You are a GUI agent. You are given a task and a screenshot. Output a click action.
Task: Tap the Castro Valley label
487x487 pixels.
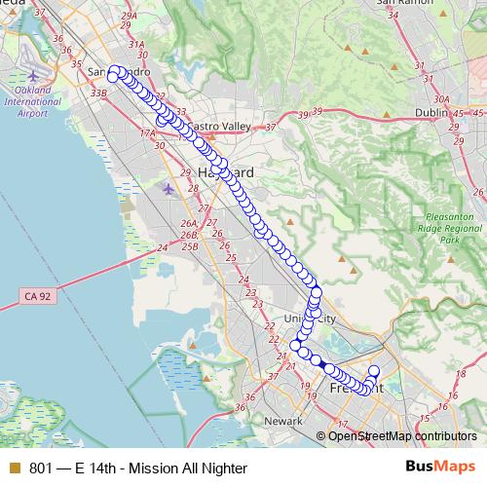(219, 127)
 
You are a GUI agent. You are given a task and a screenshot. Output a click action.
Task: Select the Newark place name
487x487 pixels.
(283, 421)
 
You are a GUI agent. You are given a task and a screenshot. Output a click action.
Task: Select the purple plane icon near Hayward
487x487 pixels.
(169, 187)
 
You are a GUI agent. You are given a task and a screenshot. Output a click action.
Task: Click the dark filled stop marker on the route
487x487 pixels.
(318, 362)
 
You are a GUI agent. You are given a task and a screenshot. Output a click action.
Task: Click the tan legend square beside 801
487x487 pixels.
(13, 468)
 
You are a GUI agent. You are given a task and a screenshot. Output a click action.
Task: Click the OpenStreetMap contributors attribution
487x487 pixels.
(401, 435)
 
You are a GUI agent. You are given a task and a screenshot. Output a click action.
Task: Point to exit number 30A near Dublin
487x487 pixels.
(440, 99)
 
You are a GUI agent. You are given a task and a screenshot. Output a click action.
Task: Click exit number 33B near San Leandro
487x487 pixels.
(97, 93)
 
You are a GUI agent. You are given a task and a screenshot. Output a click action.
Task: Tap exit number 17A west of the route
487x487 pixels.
(148, 133)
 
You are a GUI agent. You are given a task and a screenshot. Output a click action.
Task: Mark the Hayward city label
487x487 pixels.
(225, 172)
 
